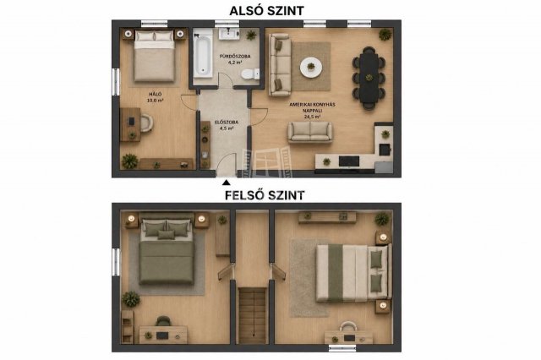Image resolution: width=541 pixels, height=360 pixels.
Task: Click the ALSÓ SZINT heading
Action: click(267, 11)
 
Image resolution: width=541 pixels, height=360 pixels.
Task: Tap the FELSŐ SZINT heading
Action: click(265, 195)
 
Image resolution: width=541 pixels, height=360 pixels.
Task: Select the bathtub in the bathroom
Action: click(203, 55)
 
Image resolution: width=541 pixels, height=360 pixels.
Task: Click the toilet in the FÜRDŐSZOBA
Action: click(250, 74)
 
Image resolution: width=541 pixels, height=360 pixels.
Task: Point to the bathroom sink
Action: click(229, 34)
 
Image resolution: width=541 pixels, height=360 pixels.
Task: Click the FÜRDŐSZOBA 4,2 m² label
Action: click(235, 59)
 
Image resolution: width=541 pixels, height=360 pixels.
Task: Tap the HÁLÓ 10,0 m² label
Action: click(156, 97)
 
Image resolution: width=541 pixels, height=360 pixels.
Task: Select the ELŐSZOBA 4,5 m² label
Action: click(227, 125)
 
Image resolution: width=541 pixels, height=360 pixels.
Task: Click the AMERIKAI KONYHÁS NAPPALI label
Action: click(312, 107)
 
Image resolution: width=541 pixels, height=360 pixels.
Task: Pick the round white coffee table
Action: click(311, 67)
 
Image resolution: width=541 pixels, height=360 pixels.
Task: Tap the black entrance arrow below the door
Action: click(226, 183)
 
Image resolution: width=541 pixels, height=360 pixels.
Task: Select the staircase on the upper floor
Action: click(253, 315)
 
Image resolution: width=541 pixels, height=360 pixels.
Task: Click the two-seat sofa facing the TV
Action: click(310, 132)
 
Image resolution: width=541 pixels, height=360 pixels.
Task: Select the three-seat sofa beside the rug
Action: click(280, 65)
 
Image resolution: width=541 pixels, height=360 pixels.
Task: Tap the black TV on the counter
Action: click(349, 161)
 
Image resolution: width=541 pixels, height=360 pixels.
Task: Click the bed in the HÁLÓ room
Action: click(154, 57)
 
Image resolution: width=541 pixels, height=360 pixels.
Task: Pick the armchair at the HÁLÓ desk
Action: click(146, 123)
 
